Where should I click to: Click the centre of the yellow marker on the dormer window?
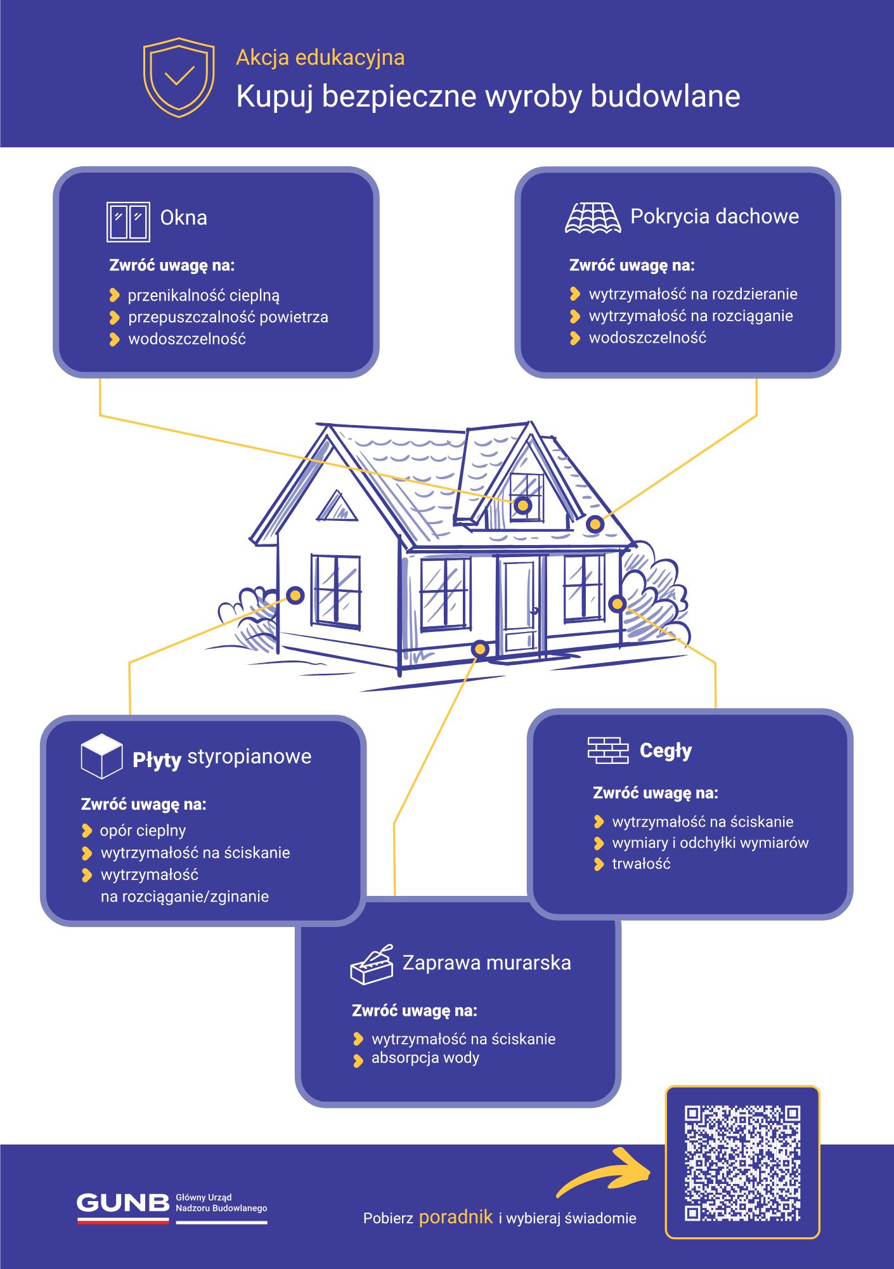[523, 505]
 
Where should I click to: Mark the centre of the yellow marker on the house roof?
[595, 524]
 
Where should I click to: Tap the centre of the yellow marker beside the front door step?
[480, 648]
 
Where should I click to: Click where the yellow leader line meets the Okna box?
[100, 379]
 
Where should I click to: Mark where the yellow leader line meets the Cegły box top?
[716, 708]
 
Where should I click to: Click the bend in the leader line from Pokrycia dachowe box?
[756, 416]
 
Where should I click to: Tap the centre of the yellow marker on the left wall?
[295, 595]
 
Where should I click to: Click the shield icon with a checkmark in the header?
[179, 77]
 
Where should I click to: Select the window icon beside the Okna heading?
[128, 221]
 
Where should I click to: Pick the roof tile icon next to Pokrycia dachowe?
[593, 218]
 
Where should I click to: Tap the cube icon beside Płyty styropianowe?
[101, 756]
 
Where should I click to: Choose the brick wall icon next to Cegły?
[608, 750]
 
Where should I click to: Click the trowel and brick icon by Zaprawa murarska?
[372, 964]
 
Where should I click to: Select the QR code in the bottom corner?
[742, 1162]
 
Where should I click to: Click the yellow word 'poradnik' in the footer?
[456, 1216]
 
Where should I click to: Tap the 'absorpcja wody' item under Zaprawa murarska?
[425, 1058]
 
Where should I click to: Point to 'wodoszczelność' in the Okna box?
[187, 339]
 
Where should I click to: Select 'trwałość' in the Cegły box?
[641, 864]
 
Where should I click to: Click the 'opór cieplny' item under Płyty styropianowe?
[143, 831]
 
